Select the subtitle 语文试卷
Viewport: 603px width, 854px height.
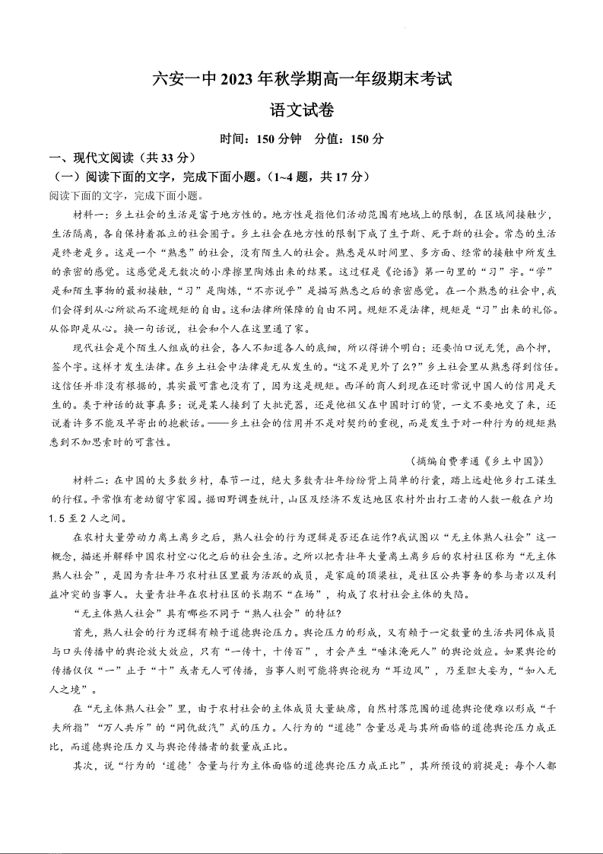click(x=302, y=110)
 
